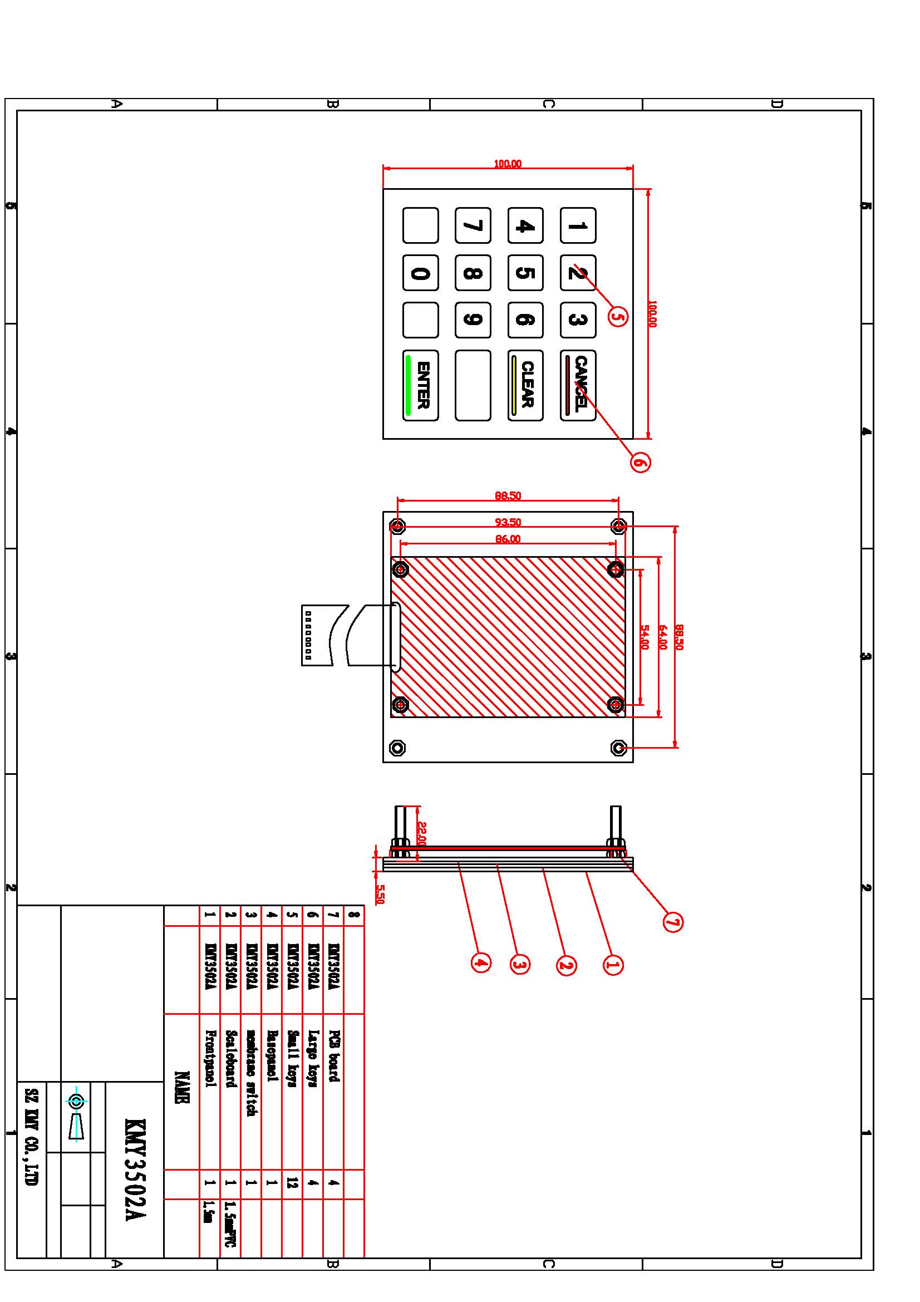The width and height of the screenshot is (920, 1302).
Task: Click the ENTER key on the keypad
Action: pos(420,386)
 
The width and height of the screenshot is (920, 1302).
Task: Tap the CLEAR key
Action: pos(525,386)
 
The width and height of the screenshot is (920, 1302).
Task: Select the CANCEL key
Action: pos(578,386)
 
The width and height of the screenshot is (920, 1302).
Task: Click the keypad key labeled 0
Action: pos(420,273)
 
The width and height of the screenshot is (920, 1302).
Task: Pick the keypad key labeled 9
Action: pos(473,320)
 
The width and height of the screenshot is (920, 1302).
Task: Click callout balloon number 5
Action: pos(618,316)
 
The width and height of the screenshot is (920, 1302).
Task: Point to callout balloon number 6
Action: pos(640,462)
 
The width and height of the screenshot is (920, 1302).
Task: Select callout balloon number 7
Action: pos(672,922)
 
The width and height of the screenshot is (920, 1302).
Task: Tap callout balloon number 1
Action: pos(613,965)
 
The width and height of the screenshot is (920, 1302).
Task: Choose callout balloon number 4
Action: pos(481,962)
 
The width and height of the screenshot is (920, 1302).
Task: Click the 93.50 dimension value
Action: pos(508,522)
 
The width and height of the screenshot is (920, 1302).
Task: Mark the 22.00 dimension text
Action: pos(421,834)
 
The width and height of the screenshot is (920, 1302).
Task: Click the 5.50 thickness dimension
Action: pos(380,895)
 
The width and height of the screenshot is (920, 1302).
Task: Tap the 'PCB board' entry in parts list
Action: pos(334,1056)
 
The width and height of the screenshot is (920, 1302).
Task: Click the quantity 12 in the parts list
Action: pos(293,1183)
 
